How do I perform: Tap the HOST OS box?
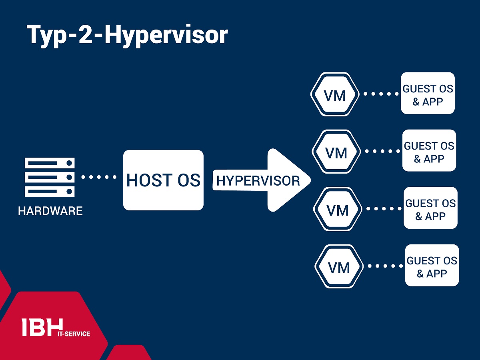click(163, 180)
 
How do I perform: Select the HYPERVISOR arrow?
click(262, 180)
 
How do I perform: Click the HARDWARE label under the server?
click(50, 211)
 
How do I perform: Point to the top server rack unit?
click(50, 163)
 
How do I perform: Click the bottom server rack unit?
click(50, 192)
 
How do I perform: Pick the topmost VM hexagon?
click(335, 94)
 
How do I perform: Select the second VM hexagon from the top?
click(336, 152)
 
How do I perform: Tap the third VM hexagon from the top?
click(338, 209)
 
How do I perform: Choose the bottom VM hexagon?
click(339, 266)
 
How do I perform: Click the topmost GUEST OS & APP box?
click(428, 93)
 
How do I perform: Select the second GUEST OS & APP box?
click(429, 150)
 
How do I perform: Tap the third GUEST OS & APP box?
click(430, 208)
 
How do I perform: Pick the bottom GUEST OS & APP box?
click(432, 265)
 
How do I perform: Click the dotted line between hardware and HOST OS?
click(99, 177)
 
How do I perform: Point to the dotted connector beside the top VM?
click(381, 94)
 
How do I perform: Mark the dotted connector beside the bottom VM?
click(385, 266)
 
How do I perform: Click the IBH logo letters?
click(42, 327)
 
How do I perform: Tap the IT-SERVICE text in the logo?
click(74, 334)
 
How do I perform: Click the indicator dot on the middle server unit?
click(69, 177)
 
